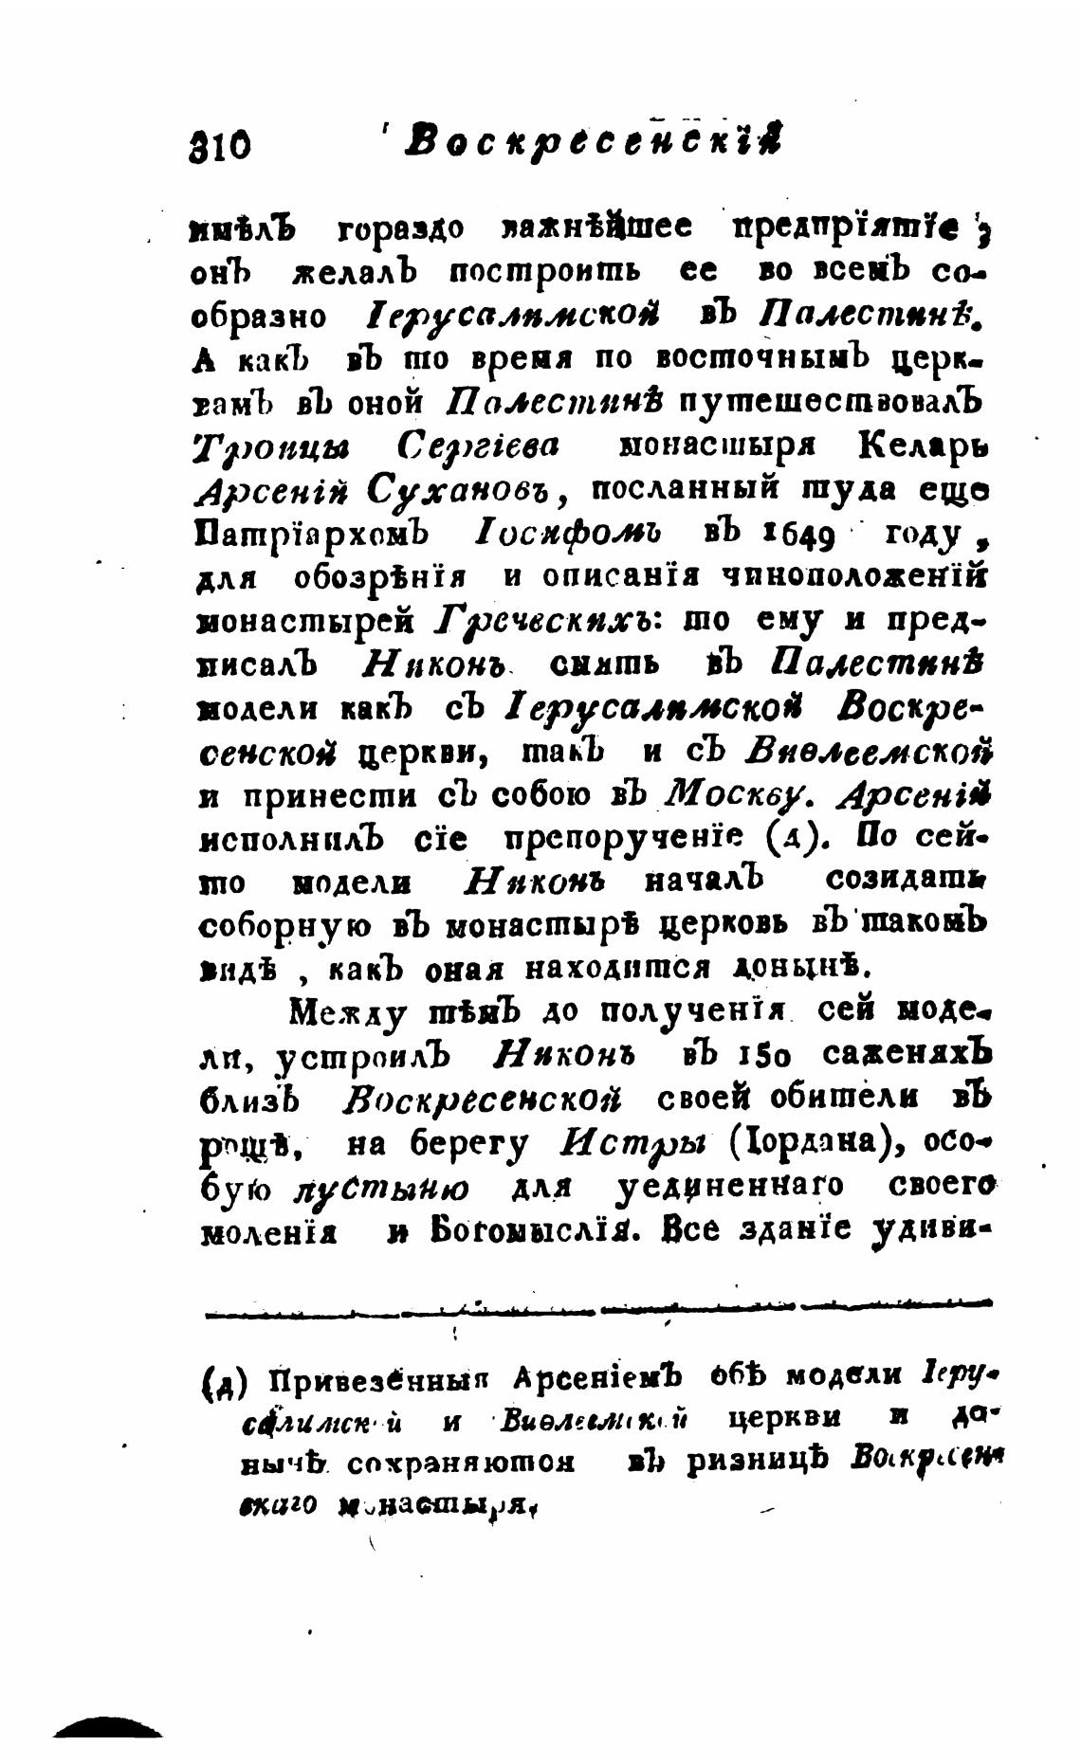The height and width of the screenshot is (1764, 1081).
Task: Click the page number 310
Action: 221,145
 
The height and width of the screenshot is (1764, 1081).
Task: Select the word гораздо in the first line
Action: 399,228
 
